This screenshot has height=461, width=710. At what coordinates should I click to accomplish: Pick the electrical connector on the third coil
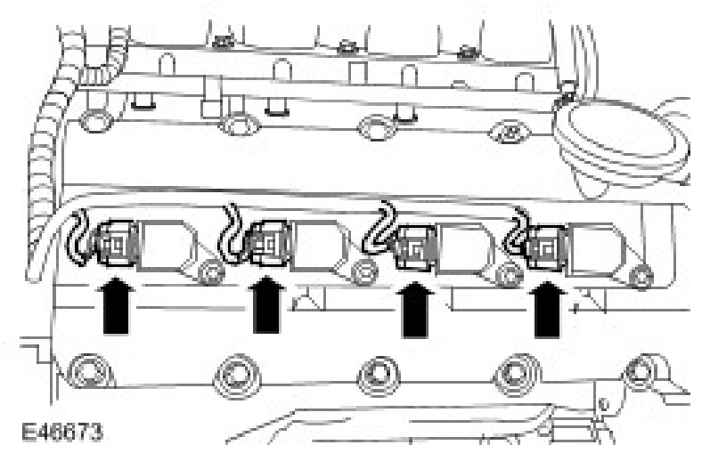pyautogui.click(x=412, y=247)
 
